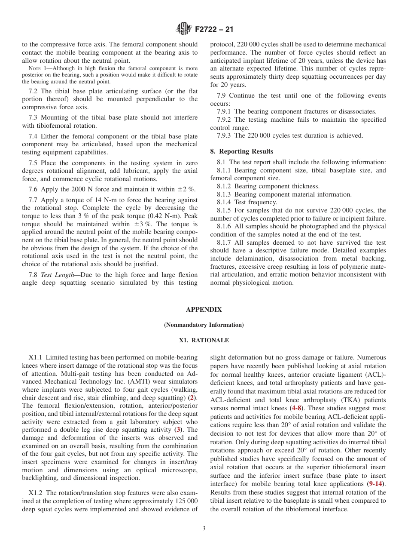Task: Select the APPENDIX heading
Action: (204, 309)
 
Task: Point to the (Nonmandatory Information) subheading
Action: (204, 325)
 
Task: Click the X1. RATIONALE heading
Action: (204, 340)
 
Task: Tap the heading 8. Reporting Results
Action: (241, 151)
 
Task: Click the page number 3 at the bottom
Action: (204, 529)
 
